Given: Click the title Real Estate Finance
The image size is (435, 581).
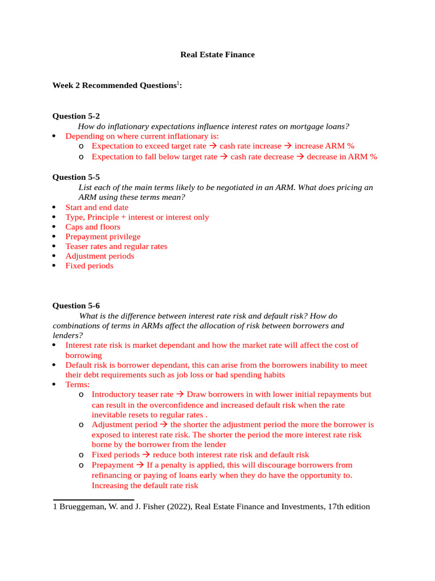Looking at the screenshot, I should point(217,55).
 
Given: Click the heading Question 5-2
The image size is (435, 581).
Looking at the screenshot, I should point(76,116).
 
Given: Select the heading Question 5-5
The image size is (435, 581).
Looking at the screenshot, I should point(76,177).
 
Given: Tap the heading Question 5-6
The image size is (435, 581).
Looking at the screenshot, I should point(76,305).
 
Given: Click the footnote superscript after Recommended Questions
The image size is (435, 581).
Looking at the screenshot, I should point(177,83).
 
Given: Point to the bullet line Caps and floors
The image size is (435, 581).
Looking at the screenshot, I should point(92,227).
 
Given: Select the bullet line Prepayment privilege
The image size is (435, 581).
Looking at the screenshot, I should point(103,237).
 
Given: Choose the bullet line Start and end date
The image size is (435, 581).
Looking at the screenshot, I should point(96,208).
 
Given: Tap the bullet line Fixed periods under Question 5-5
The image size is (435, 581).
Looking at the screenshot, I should point(89,266).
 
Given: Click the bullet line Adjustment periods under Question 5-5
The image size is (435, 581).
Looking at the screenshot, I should point(100,256).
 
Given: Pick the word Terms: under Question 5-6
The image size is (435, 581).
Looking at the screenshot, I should point(78,384).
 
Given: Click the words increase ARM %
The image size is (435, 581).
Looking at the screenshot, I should point(324,146).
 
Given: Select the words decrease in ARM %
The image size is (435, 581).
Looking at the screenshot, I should point(342,157).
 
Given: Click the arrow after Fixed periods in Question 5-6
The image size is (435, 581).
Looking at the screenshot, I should point(146,455).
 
